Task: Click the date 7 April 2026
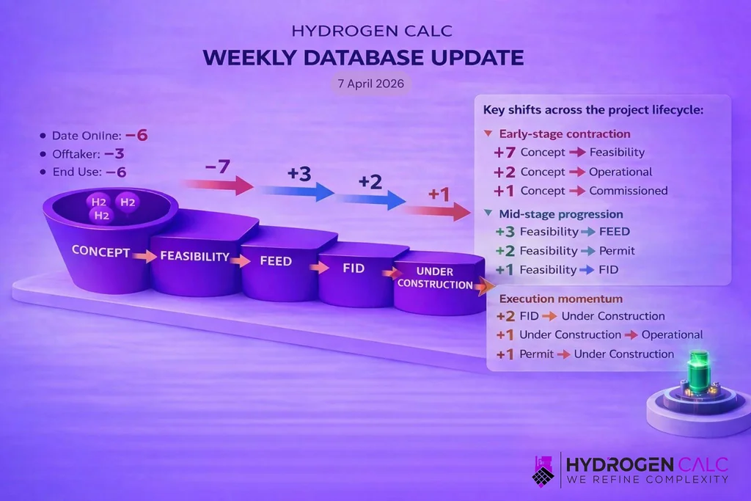[x=370, y=84]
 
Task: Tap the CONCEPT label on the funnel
[x=100, y=252]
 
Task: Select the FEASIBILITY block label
[x=194, y=257]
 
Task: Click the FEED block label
[x=275, y=261]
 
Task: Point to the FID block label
[x=353, y=268]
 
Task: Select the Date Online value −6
[x=136, y=136]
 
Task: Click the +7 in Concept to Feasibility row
[x=505, y=153]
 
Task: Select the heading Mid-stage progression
[x=561, y=214]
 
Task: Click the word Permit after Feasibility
[x=617, y=251]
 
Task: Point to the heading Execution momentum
[x=561, y=299]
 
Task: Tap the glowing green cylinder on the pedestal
[x=696, y=374]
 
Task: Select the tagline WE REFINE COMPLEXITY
[x=648, y=479]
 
